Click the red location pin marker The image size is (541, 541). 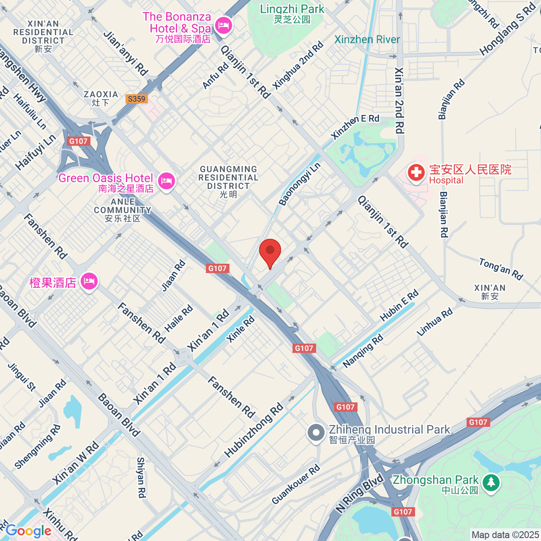[x=270, y=252]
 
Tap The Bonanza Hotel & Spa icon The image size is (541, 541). [x=223, y=25]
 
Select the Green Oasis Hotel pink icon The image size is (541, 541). [x=166, y=181]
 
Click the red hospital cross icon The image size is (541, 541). [x=416, y=172]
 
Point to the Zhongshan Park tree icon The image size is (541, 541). [x=491, y=482]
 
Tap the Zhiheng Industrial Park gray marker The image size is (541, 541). [x=316, y=433]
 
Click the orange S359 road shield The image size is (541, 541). [x=137, y=99]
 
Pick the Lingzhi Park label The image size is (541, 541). [x=292, y=14]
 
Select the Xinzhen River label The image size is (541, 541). [x=367, y=40]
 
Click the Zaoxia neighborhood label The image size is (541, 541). [x=101, y=98]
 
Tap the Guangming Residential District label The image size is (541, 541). [x=229, y=181]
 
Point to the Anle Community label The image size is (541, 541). [x=123, y=210]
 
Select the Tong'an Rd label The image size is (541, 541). [x=500, y=269]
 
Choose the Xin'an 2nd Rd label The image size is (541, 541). [x=399, y=101]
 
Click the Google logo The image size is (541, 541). [x=28, y=531]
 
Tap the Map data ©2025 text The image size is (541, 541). [x=505, y=535]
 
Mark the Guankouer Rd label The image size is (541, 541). [x=296, y=484]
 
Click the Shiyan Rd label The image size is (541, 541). [x=141, y=477]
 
